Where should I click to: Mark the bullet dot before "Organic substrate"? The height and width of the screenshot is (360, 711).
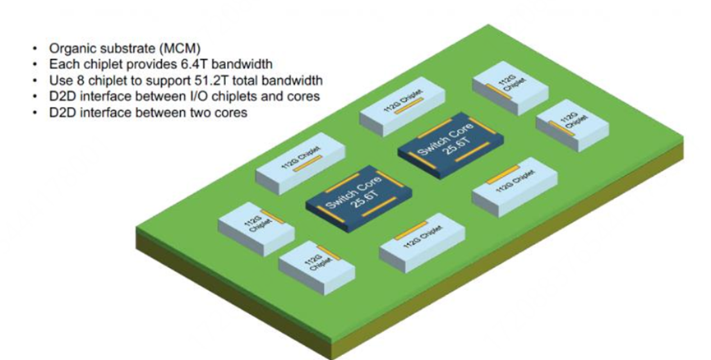click(35, 48)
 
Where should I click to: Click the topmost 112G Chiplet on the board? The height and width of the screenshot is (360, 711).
click(511, 88)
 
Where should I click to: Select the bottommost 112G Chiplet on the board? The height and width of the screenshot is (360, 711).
click(317, 267)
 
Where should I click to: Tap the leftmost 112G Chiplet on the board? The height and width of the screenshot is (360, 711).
click(256, 228)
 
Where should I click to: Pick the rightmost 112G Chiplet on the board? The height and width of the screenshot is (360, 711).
click(572, 124)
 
